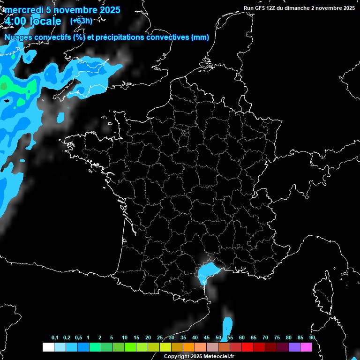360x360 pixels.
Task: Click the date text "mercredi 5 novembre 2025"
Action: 62,10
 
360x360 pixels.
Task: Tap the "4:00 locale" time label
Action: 33,21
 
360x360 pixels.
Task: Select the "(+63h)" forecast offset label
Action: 81,21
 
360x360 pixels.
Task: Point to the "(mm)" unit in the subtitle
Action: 200,37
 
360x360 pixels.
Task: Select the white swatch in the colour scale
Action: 48,347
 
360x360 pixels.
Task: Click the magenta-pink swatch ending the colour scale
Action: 306,347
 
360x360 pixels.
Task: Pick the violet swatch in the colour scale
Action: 294,347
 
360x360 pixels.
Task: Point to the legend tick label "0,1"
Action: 55,338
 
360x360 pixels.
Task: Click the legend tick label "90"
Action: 312,338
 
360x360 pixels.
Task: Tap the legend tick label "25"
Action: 160,338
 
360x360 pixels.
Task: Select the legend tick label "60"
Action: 242,338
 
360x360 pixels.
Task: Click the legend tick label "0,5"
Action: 78,338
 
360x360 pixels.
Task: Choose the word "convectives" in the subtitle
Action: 168,37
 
